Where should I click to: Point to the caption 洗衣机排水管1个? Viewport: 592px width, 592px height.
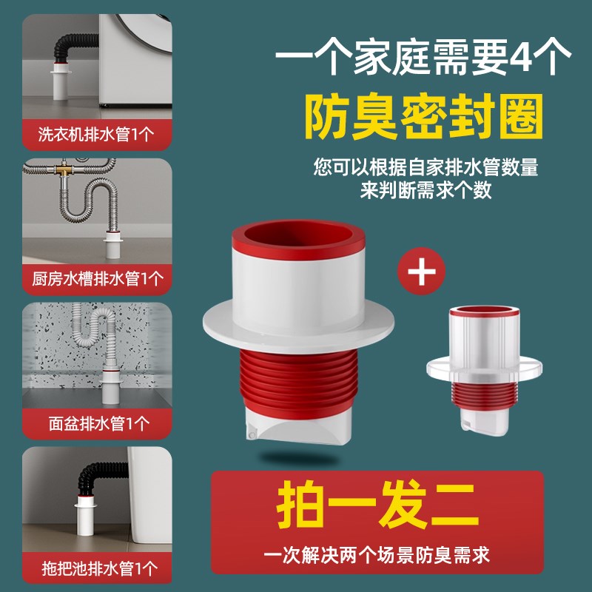coord(96,135)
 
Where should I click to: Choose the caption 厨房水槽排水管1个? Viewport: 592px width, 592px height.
coord(96,278)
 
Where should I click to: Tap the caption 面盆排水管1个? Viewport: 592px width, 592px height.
coord(96,423)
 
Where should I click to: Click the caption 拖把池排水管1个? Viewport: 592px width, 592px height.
coord(96,568)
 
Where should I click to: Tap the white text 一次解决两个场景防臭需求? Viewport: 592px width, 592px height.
coord(377,553)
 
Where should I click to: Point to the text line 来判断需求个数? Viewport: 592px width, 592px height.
coord(426,189)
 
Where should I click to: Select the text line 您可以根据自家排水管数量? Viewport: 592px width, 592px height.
coord(426,166)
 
